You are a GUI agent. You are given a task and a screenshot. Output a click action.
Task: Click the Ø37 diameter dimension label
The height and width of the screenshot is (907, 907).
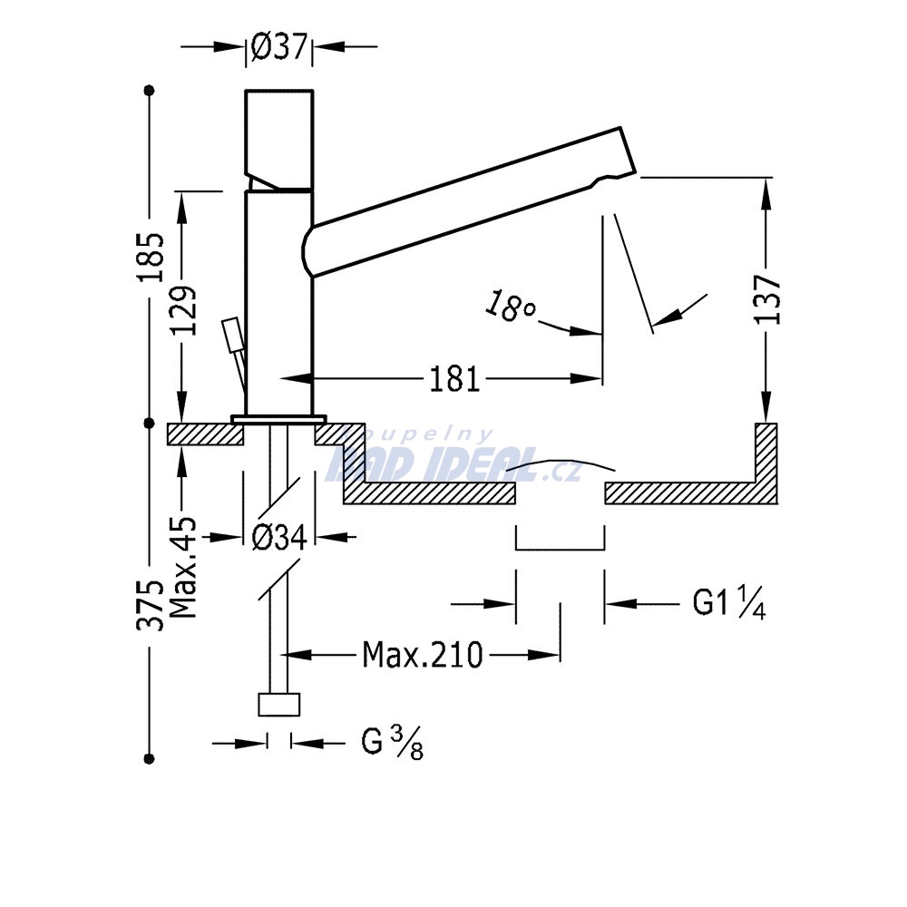(x=278, y=46)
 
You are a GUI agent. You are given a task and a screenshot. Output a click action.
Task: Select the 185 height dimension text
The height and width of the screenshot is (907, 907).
(x=151, y=257)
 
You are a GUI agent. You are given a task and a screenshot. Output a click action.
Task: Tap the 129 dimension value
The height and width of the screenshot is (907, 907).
(x=184, y=310)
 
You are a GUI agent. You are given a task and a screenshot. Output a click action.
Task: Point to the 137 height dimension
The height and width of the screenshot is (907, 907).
(x=768, y=299)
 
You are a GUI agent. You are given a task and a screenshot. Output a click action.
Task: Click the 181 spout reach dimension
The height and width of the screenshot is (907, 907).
(x=454, y=380)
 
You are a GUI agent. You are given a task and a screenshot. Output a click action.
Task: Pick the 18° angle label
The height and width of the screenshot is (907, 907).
(x=509, y=306)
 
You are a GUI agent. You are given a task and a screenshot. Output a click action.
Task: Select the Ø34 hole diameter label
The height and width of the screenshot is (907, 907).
(x=278, y=538)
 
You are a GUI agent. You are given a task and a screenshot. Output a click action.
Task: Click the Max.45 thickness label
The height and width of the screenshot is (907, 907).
(x=184, y=568)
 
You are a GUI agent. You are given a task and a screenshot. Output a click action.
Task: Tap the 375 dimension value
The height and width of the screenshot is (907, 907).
(x=151, y=604)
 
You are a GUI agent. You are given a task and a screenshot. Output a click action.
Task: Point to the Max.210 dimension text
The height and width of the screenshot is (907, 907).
(x=423, y=655)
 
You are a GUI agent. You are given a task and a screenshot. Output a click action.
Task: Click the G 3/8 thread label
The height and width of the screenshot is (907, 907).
(x=392, y=743)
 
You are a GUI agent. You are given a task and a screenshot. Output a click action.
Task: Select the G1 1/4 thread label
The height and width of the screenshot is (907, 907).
(x=729, y=603)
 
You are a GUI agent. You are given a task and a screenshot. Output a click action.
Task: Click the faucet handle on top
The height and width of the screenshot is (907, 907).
(x=279, y=139)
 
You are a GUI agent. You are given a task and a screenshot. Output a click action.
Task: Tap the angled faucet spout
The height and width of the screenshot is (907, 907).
(x=469, y=201)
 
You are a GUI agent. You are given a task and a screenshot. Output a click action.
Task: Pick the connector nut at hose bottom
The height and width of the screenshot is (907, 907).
(x=278, y=704)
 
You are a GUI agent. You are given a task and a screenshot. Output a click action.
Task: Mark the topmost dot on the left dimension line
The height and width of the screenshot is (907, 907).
(x=150, y=90)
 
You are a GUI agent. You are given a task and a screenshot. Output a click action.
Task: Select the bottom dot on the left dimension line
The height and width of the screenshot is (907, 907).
(x=150, y=758)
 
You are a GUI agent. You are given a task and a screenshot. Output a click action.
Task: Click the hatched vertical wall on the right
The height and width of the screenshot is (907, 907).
(x=766, y=463)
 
